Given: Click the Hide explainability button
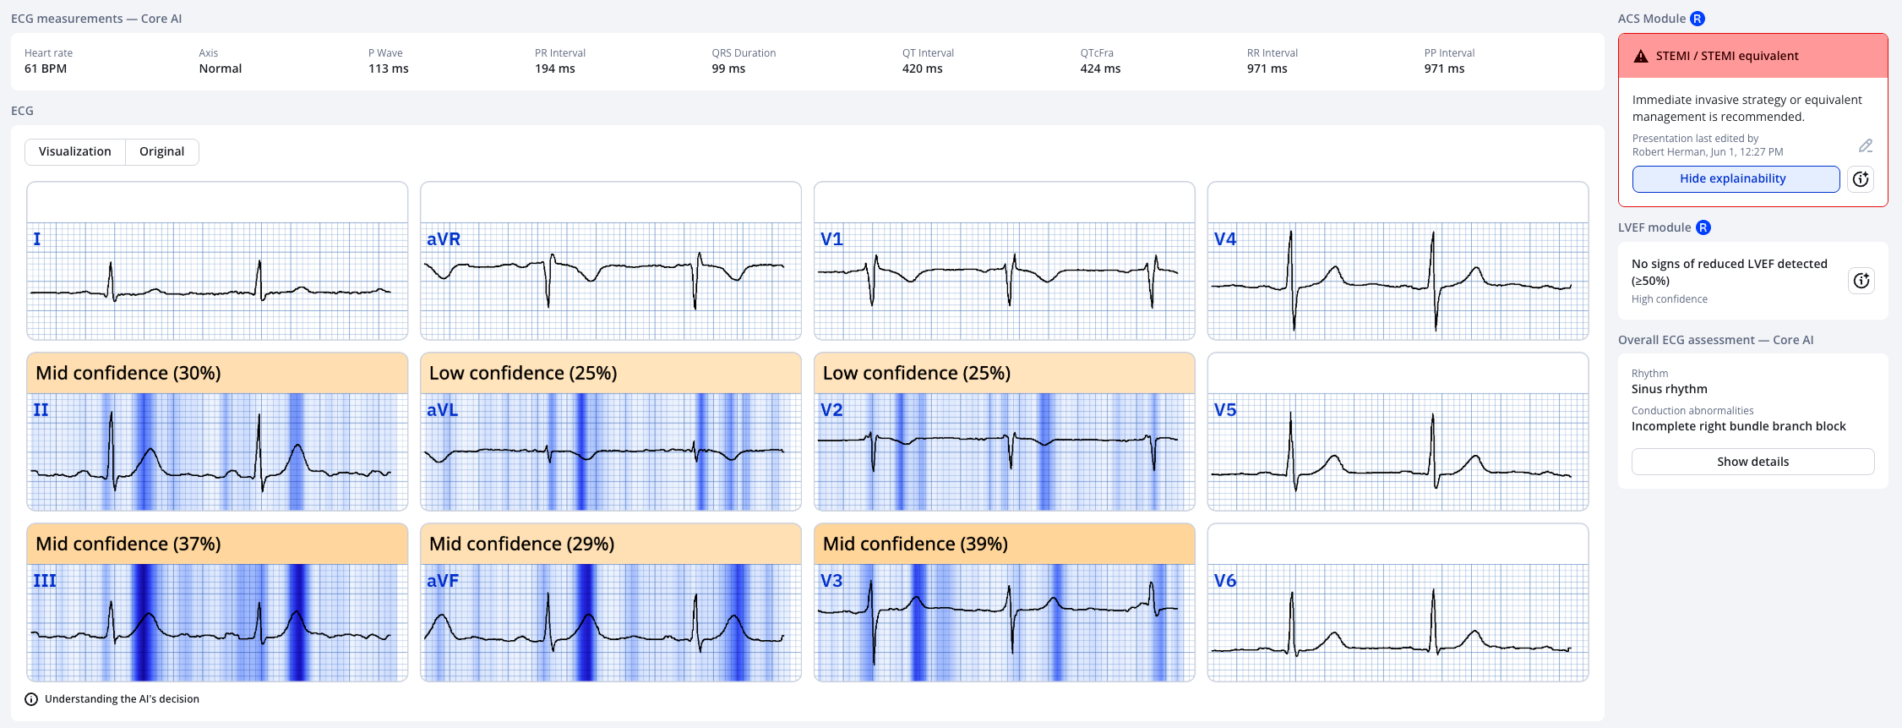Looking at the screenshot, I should coord(1735,178).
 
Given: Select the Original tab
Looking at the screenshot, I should coord(161,151).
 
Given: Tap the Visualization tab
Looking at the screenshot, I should coord(75,151).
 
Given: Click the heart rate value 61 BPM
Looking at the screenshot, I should coord(46,68).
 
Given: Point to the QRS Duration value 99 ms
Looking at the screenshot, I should coord(728,68).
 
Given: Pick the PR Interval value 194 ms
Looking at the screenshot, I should coord(554,68).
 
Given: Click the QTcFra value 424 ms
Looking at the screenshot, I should coord(1100,68).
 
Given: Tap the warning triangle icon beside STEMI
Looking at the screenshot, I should coord(1641,56).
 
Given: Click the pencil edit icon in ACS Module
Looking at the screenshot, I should coord(1866,145).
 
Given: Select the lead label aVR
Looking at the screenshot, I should coord(444,239).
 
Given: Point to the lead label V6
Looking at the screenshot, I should coord(1224,581).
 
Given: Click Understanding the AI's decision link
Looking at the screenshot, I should coord(122,699).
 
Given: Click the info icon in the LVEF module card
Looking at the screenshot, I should coord(1861,281).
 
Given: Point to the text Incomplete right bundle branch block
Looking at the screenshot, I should coord(1738,426).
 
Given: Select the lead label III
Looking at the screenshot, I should coord(45,581).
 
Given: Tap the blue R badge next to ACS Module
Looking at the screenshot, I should coord(1698,19).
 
